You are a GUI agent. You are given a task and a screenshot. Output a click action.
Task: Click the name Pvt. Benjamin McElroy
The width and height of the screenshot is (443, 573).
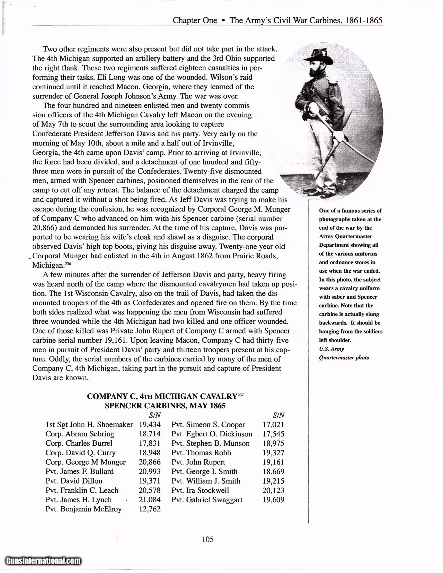[84, 509]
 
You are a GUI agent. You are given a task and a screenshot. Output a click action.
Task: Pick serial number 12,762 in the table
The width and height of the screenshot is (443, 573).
[150, 509]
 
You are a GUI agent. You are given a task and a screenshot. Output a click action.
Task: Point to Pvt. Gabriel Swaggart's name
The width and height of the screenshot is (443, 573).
[207, 500]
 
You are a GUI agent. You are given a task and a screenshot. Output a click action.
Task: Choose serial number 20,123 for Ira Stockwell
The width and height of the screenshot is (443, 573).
[273, 490]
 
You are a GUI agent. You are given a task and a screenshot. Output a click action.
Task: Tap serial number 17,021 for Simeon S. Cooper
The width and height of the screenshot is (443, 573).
[273, 425]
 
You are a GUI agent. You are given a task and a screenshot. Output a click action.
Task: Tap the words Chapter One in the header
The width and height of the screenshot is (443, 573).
[195, 20]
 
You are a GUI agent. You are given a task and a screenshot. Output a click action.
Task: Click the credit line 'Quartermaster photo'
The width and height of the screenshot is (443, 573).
[344, 358]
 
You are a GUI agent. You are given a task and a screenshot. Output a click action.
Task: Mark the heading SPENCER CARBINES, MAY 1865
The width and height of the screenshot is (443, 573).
[165, 406]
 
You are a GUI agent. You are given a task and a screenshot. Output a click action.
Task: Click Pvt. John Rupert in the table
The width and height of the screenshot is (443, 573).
[198, 462]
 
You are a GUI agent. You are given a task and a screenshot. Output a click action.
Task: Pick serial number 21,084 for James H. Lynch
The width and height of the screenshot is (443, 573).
[150, 500]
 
